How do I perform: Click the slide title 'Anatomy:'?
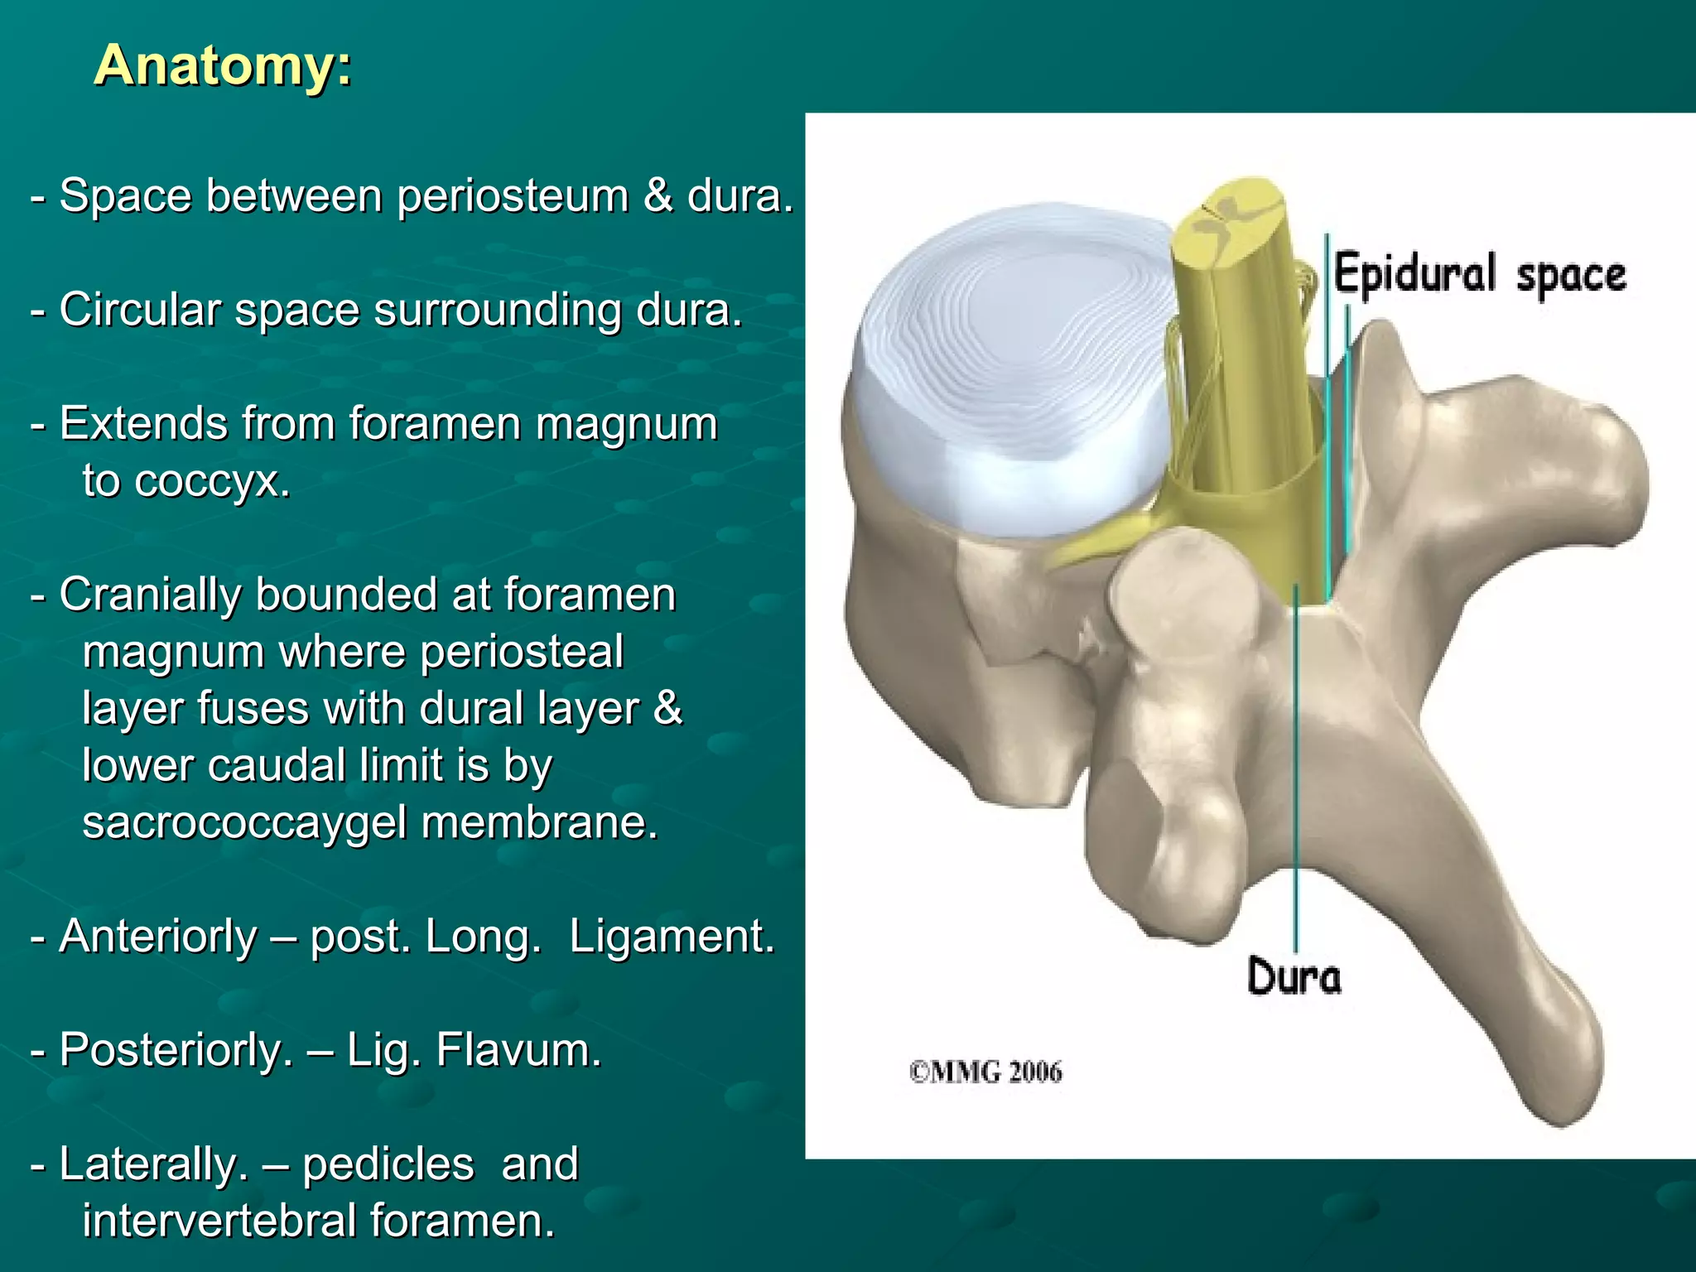223,65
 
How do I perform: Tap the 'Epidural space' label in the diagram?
1479,275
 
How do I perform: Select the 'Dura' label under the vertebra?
1294,976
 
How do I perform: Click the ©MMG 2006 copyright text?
985,1072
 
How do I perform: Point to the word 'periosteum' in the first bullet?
513,197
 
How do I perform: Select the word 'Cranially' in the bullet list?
150,595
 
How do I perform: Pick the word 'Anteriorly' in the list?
158,937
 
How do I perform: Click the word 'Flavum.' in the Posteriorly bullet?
518,1050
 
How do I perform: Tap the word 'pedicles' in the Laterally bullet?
388,1164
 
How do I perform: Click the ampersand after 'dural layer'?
667,708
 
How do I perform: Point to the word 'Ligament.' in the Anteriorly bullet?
672,937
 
